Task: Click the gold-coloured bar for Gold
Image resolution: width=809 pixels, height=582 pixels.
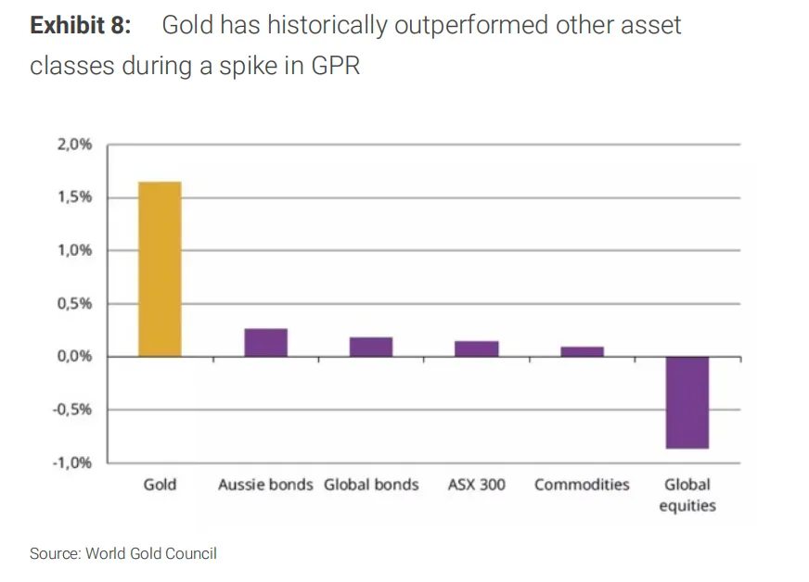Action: pyautogui.click(x=160, y=269)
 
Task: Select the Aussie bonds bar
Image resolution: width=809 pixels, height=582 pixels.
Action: pyautogui.click(x=265, y=343)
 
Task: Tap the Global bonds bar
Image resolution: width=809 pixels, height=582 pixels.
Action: pyautogui.click(x=371, y=347)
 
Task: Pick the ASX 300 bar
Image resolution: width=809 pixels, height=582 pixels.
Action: pyautogui.click(x=477, y=348)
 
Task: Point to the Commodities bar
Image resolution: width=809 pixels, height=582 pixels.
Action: pyautogui.click(x=582, y=351)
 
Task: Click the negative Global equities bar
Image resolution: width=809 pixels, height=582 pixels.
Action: pyautogui.click(x=687, y=402)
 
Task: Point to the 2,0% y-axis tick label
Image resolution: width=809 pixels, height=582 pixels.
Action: pyautogui.click(x=73, y=145)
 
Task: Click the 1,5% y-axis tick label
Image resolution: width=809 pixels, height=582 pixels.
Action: pyautogui.click(x=73, y=197)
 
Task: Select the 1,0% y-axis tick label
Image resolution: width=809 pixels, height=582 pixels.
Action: pyautogui.click(x=73, y=250)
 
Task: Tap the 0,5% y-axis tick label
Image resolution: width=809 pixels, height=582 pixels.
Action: pyautogui.click(x=73, y=304)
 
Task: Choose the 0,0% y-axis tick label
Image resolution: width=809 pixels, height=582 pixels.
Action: pyautogui.click(x=73, y=357)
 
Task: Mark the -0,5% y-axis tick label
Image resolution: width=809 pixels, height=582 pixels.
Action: pyautogui.click(x=71, y=410)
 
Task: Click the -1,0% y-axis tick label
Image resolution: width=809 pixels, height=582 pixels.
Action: pyautogui.click(x=71, y=462)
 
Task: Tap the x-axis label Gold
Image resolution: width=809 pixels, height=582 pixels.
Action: pyautogui.click(x=160, y=485)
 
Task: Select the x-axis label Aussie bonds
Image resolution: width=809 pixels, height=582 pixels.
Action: pyautogui.click(x=265, y=485)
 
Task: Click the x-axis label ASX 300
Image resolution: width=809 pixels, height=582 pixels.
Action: pyautogui.click(x=477, y=485)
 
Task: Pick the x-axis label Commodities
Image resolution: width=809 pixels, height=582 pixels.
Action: pyautogui.click(x=582, y=485)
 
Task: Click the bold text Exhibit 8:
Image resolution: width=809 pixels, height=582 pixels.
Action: pyautogui.click(x=81, y=25)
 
